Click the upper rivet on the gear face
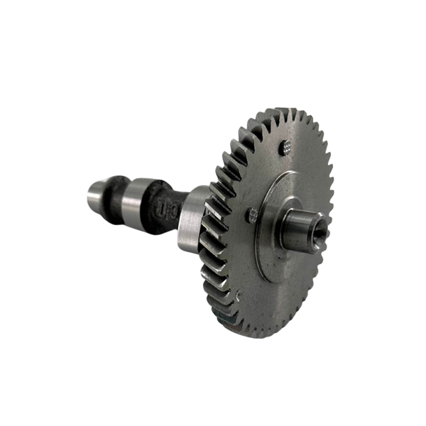(285, 147)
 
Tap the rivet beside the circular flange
(251, 214)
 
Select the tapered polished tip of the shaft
(92, 193)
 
